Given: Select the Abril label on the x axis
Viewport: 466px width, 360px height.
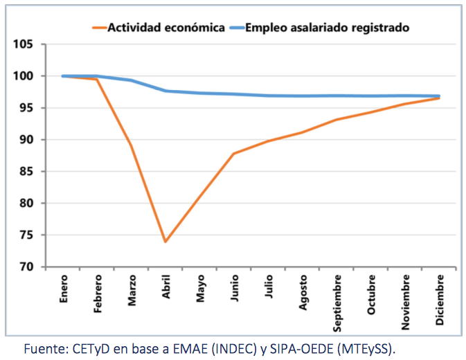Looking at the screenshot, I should (166, 287).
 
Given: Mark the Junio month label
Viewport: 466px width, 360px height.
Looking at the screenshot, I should (234, 287).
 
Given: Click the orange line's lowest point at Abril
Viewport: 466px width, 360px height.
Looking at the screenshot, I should (165, 242).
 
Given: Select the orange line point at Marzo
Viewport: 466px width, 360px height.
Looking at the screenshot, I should (131, 145).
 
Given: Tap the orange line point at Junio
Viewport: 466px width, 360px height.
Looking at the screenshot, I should (234, 154).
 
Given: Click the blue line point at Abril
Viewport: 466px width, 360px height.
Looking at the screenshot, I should (165, 91).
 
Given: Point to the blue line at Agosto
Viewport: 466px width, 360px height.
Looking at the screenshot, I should (303, 96).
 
